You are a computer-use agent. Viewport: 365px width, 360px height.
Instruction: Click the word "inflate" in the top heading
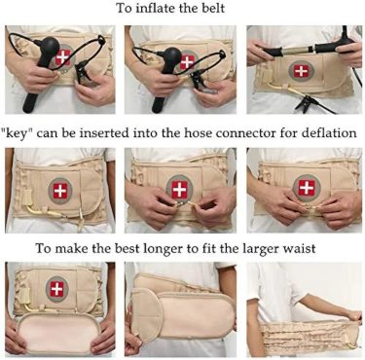[x=154, y=8]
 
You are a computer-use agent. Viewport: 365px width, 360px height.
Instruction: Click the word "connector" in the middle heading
[x=245, y=133]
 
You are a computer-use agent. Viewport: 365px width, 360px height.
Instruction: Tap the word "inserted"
[x=104, y=133]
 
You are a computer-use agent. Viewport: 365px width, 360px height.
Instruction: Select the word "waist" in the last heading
[x=301, y=248]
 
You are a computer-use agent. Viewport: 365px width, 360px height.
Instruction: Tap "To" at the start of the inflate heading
[x=124, y=8]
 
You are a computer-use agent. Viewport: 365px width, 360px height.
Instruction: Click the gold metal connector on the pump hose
[x=297, y=50]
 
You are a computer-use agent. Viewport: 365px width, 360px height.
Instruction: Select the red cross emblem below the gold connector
[x=302, y=71]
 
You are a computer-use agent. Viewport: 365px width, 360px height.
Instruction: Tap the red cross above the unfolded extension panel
[x=57, y=289]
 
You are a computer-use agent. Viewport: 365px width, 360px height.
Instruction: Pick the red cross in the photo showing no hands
[x=60, y=191]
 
